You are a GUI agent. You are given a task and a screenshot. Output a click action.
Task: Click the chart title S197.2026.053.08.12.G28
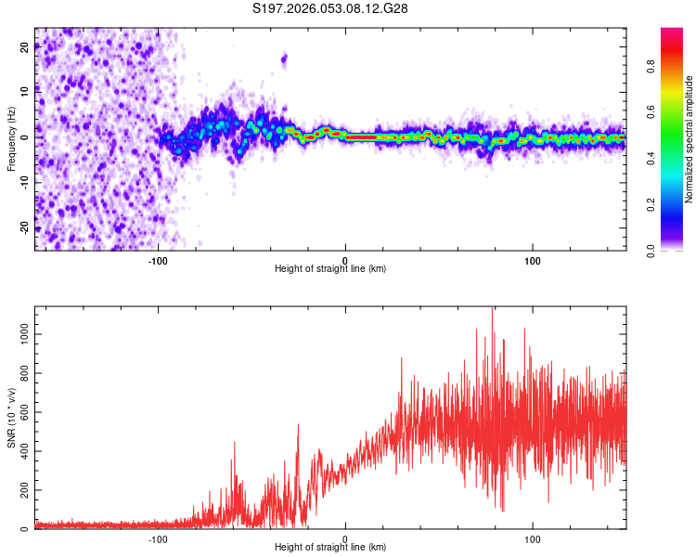[x=330, y=8]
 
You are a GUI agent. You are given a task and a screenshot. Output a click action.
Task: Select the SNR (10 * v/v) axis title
[x=12, y=418]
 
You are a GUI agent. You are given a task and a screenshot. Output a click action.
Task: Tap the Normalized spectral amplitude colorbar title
[x=690, y=139]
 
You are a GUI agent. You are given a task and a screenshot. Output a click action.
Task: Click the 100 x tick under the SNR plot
[x=533, y=538]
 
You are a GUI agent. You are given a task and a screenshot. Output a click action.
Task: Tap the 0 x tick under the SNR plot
[x=345, y=538]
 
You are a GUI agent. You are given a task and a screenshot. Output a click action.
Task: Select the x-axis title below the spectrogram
[x=330, y=269]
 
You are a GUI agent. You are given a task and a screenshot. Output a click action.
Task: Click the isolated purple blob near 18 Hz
[x=284, y=59]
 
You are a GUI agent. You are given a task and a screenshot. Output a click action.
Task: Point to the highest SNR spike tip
[x=493, y=307]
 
